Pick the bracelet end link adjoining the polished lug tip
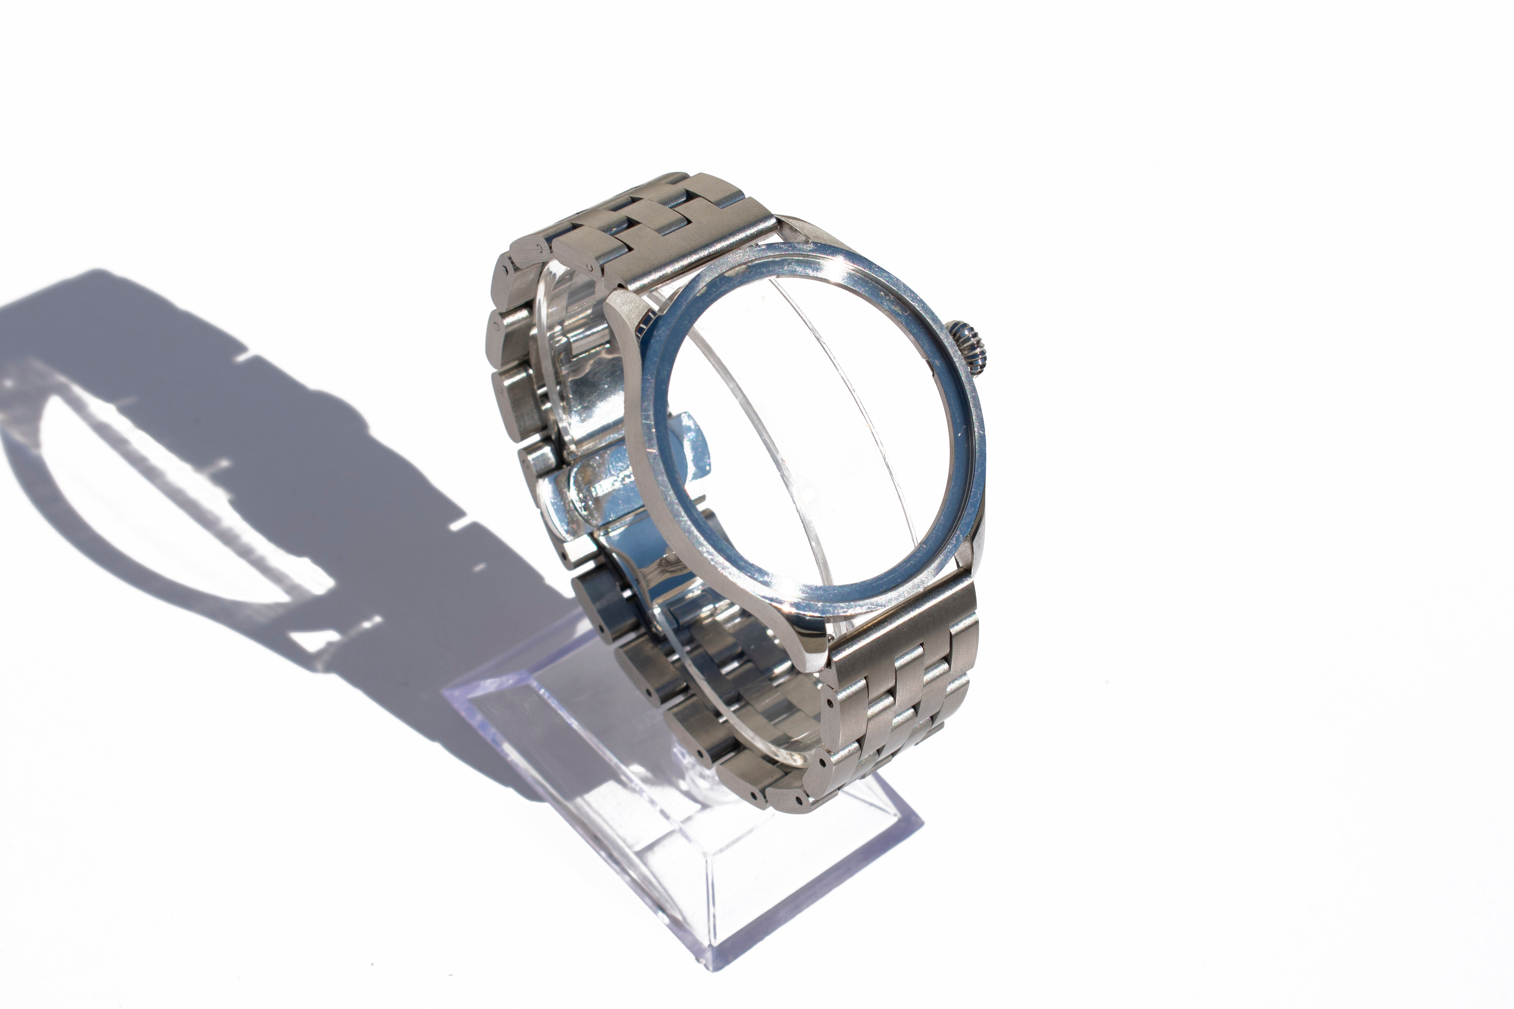(x=901, y=618)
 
